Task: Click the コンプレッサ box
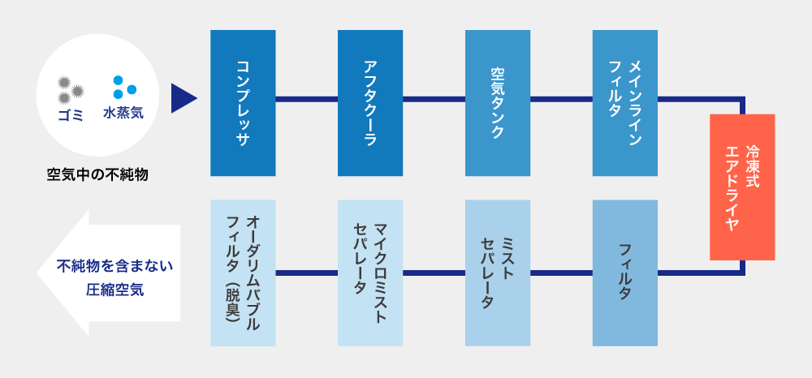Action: (243, 103)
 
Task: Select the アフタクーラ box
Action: (370, 103)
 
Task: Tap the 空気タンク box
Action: (498, 103)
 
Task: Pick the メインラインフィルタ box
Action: (624, 103)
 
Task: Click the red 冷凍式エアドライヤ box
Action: (741, 187)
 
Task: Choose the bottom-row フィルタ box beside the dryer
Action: (624, 273)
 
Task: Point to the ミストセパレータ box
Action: (498, 273)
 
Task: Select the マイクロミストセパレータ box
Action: (370, 273)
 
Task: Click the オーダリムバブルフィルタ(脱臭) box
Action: (243, 273)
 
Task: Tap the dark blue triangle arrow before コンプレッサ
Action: (183, 98)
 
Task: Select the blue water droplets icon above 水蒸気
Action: (123, 87)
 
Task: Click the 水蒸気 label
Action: (123, 114)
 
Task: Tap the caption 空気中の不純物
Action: (97, 174)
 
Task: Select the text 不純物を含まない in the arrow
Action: (115, 265)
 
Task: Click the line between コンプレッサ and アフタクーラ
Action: (306, 100)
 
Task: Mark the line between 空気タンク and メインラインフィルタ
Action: (561, 100)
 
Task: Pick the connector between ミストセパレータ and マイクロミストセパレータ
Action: (434, 273)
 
